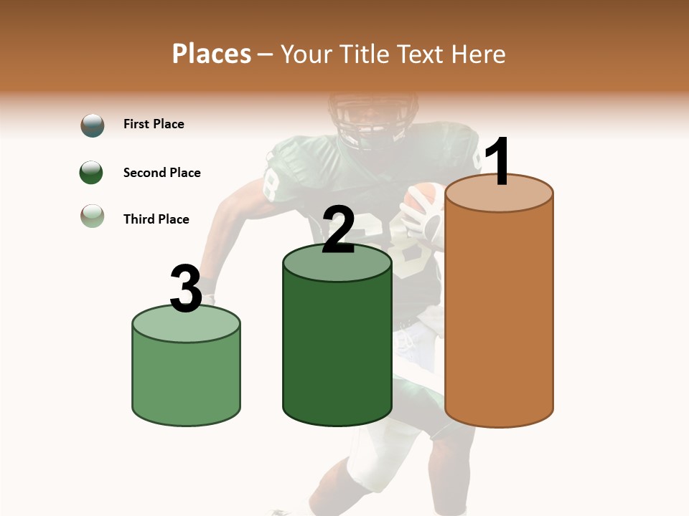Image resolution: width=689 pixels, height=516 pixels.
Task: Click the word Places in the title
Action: [212, 54]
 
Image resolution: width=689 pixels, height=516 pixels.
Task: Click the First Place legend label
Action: [154, 124]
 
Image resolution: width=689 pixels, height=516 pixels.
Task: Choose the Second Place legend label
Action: [161, 173]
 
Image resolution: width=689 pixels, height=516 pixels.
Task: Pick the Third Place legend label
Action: [156, 219]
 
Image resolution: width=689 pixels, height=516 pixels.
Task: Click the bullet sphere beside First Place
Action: [92, 125]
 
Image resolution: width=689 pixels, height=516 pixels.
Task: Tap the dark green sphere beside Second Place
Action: [91, 173]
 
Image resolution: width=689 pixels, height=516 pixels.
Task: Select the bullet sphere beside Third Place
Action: [92, 215]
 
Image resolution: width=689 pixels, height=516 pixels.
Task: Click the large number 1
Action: [498, 162]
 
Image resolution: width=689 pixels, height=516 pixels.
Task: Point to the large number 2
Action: [338, 230]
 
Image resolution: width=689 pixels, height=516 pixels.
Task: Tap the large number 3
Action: [186, 289]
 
